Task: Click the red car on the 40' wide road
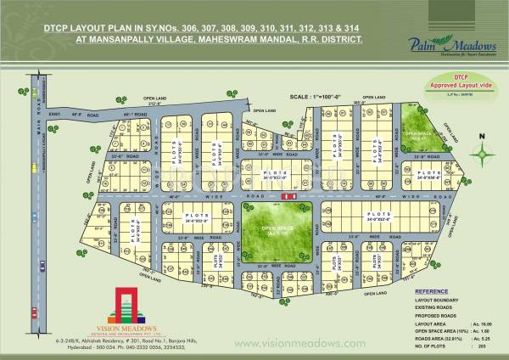pos(289,196)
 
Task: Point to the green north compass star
pos(482,155)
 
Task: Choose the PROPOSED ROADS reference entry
pos(436,316)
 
